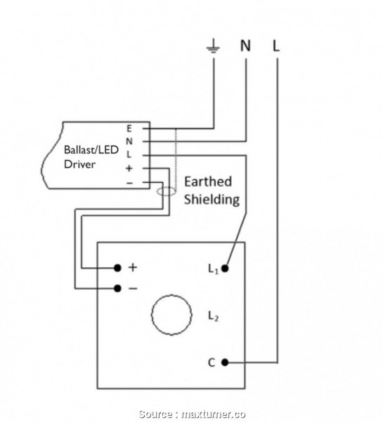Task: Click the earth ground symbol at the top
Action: pos(212,48)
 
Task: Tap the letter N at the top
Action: pos(245,46)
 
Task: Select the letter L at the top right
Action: pos(276,46)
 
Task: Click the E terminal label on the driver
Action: pos(129,129)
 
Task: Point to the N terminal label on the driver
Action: pos(129,141)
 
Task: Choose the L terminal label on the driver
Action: pos(129,155)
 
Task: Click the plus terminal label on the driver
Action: pos(129,169)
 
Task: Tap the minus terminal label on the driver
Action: pos(129,183)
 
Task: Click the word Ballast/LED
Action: pos(91,150)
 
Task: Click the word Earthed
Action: pos(207,181)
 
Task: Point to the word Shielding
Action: pos(212,199)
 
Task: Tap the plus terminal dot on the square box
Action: pos(117,268)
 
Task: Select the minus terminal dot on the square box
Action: pos(117,288)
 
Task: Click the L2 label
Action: pos(213,317)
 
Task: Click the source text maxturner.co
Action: pos(212,414)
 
